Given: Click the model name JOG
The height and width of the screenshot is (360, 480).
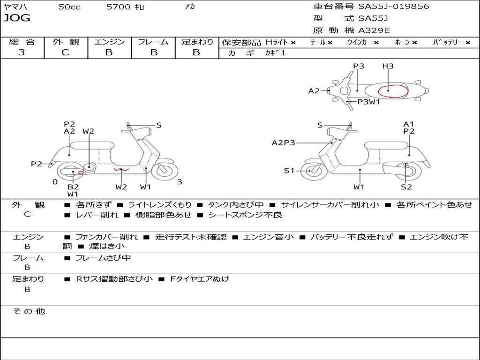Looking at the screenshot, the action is point(17,18).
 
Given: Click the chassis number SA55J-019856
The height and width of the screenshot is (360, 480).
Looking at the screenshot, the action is point(393,7).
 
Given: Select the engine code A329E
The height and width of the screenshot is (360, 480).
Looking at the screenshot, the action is point(374,30).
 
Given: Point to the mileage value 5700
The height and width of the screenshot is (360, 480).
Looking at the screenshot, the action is point(119,7).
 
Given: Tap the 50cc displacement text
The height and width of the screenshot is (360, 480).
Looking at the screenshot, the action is point(69,7).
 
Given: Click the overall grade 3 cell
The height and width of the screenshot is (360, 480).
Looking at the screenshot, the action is point(22,52).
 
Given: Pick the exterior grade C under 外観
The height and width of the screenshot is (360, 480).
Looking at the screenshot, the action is point(65,52).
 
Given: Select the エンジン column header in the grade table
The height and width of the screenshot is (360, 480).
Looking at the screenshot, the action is point(109,42).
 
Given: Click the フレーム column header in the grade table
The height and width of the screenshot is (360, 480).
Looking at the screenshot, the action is point(153,42).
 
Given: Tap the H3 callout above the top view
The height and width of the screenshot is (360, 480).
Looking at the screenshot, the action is point(388,66).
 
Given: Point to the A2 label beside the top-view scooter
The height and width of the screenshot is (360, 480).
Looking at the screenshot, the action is point(314,91).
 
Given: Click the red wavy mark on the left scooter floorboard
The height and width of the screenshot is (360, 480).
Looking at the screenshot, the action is point(121,169).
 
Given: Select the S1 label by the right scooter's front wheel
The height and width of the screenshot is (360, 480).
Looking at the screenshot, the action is point(289,171).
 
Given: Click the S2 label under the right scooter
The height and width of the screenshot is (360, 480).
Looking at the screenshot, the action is point(406,187).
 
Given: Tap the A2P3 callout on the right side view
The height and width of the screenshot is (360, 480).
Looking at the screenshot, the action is point(283,142).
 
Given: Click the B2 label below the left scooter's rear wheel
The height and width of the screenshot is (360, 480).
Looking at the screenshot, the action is point(73,187).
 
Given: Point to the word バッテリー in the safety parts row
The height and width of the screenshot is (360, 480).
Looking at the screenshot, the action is point(448,42).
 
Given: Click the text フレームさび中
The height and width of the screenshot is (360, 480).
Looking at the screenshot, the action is point(103,258).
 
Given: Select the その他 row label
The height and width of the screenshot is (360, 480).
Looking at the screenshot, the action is point(29,311).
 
